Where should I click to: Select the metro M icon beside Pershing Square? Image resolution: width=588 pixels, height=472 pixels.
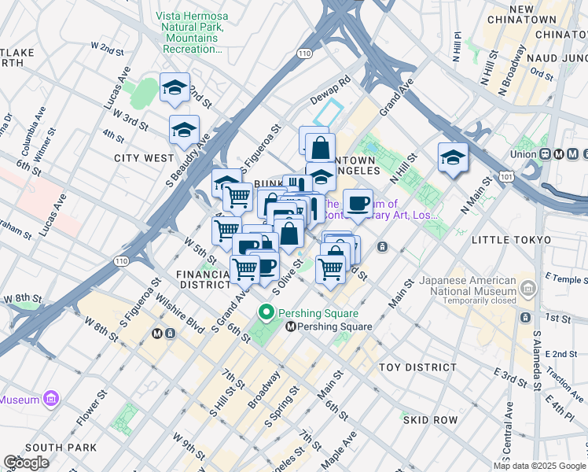[x=291, y=326]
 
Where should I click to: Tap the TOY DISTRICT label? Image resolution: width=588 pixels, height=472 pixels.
[x=417, y=367]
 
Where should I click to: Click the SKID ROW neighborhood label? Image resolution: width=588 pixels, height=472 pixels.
[x=430, y=420]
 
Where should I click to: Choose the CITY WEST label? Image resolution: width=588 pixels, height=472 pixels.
[x=144, y=158]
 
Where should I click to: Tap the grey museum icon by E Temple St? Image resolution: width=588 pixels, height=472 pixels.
[x=527, y=289]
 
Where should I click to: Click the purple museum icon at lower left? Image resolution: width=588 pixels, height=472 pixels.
[x=52, y=399]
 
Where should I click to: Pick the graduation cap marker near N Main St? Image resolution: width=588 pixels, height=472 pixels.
[x=453, y=158]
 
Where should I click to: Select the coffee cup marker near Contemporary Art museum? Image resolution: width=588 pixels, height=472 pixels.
[x=358, y=204]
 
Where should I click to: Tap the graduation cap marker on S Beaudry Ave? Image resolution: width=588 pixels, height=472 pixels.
[x=184, y=131]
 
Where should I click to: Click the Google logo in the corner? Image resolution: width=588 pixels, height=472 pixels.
[x=26, y=463]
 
